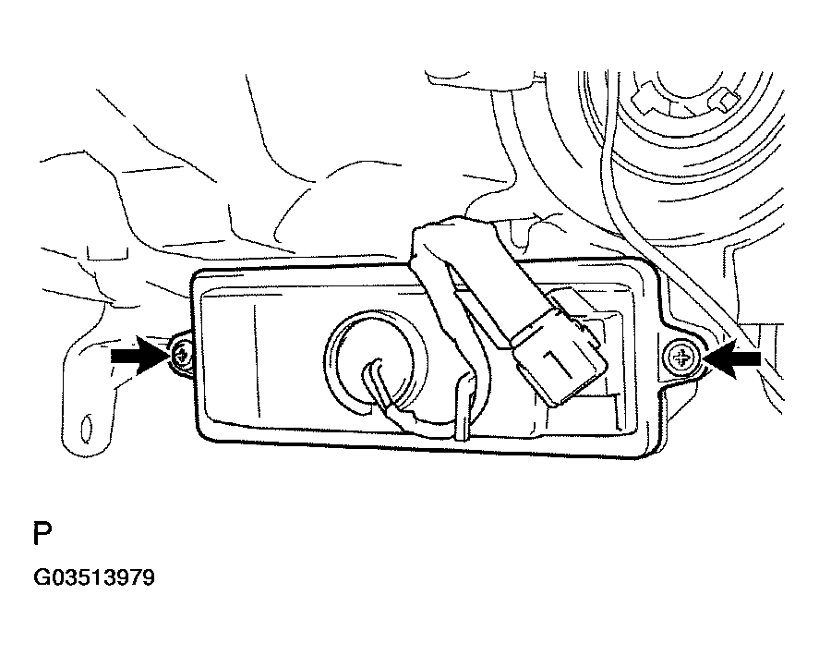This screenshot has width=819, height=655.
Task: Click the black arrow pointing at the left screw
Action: click(x=140, y=356)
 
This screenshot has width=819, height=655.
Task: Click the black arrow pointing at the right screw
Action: click(x=731, y=358)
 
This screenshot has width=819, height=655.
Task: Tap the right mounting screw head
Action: click(x=680, y=359)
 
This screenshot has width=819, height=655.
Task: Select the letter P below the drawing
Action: click(x=42, y=534)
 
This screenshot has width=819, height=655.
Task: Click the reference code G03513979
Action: click(x=94, y=578)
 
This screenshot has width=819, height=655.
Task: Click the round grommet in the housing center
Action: click(x=375, y=360)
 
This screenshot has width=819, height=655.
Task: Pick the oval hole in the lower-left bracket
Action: click(x=86, y=428)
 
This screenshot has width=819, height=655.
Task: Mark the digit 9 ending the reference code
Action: click(x=149, y=578)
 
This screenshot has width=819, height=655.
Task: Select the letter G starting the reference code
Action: click(x=41, y=578)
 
